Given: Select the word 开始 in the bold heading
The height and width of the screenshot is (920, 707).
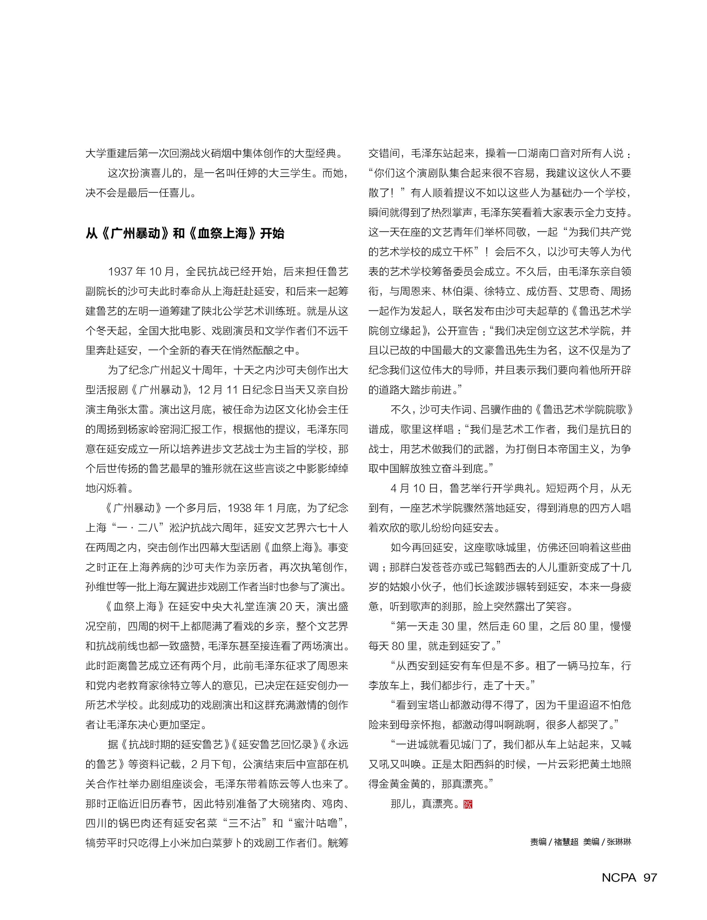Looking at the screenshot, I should pos(272,233).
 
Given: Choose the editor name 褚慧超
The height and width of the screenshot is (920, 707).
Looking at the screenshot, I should pos(566,842).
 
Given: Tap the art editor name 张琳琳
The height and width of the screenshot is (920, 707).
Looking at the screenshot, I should pos(619,842).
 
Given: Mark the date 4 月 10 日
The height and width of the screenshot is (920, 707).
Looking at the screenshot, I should pos(415,488).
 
